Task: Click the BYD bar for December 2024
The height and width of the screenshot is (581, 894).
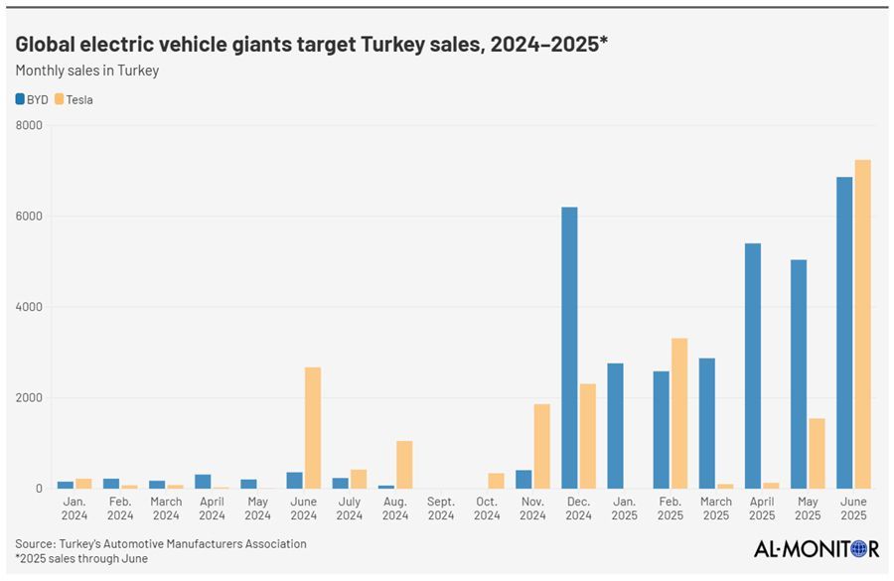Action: click(569, 348)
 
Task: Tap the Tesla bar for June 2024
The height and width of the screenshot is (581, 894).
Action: click(312, 428)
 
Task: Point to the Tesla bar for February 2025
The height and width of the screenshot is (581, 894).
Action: click(679, 413)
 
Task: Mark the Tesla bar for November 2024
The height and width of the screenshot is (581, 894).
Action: click(541, 446)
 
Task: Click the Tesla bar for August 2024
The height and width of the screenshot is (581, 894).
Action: click(404, 465)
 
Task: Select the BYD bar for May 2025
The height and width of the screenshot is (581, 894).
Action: click(798, 373)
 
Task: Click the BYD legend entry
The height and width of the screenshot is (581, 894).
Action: click(32, 99)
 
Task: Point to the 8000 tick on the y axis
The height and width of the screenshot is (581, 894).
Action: click(29, 125)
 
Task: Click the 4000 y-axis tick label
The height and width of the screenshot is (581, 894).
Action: click(29, 307)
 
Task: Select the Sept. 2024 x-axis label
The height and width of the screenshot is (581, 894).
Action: click(441, 508)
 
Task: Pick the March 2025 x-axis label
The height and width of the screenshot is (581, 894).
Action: click(715, 508)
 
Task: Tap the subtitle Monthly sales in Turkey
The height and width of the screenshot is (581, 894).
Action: click(87, 71)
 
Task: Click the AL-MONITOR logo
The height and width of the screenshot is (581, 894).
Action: click(814, 549)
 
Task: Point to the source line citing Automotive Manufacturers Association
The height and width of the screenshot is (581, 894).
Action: click(161, 543)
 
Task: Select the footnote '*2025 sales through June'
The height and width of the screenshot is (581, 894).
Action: click(81, 558)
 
